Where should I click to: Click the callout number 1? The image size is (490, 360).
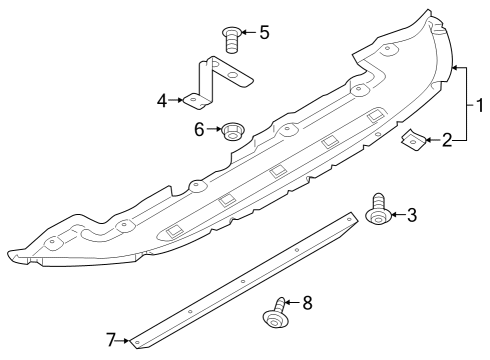click(480, 105)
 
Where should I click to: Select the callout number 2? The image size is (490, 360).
click(447, 140)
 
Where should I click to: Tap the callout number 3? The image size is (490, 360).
click(412, 215)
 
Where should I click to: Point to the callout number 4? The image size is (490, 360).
click(162, 101)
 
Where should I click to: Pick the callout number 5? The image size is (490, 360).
click(264, 33)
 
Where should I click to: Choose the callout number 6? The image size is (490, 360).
click(199, 129)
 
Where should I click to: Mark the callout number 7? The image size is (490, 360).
click(111, 340)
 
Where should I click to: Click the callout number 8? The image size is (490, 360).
click(307, 303)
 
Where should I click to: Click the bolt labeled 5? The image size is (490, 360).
click(231, 39)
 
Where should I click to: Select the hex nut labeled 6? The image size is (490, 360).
click(233, 131)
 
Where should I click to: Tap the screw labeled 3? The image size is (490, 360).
click(379, 209)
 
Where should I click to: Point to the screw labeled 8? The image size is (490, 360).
click(276, 314)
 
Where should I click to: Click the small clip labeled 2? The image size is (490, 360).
click(413, 140)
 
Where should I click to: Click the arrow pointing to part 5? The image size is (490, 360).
click(248, 32)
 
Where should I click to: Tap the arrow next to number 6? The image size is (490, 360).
click(214, 129)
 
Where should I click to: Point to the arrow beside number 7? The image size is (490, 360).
click(123, 341)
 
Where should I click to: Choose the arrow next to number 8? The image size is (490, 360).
click(292, 303)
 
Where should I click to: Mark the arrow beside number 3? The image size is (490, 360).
click(398, 214)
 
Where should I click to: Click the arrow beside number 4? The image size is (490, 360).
click(176, 100)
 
